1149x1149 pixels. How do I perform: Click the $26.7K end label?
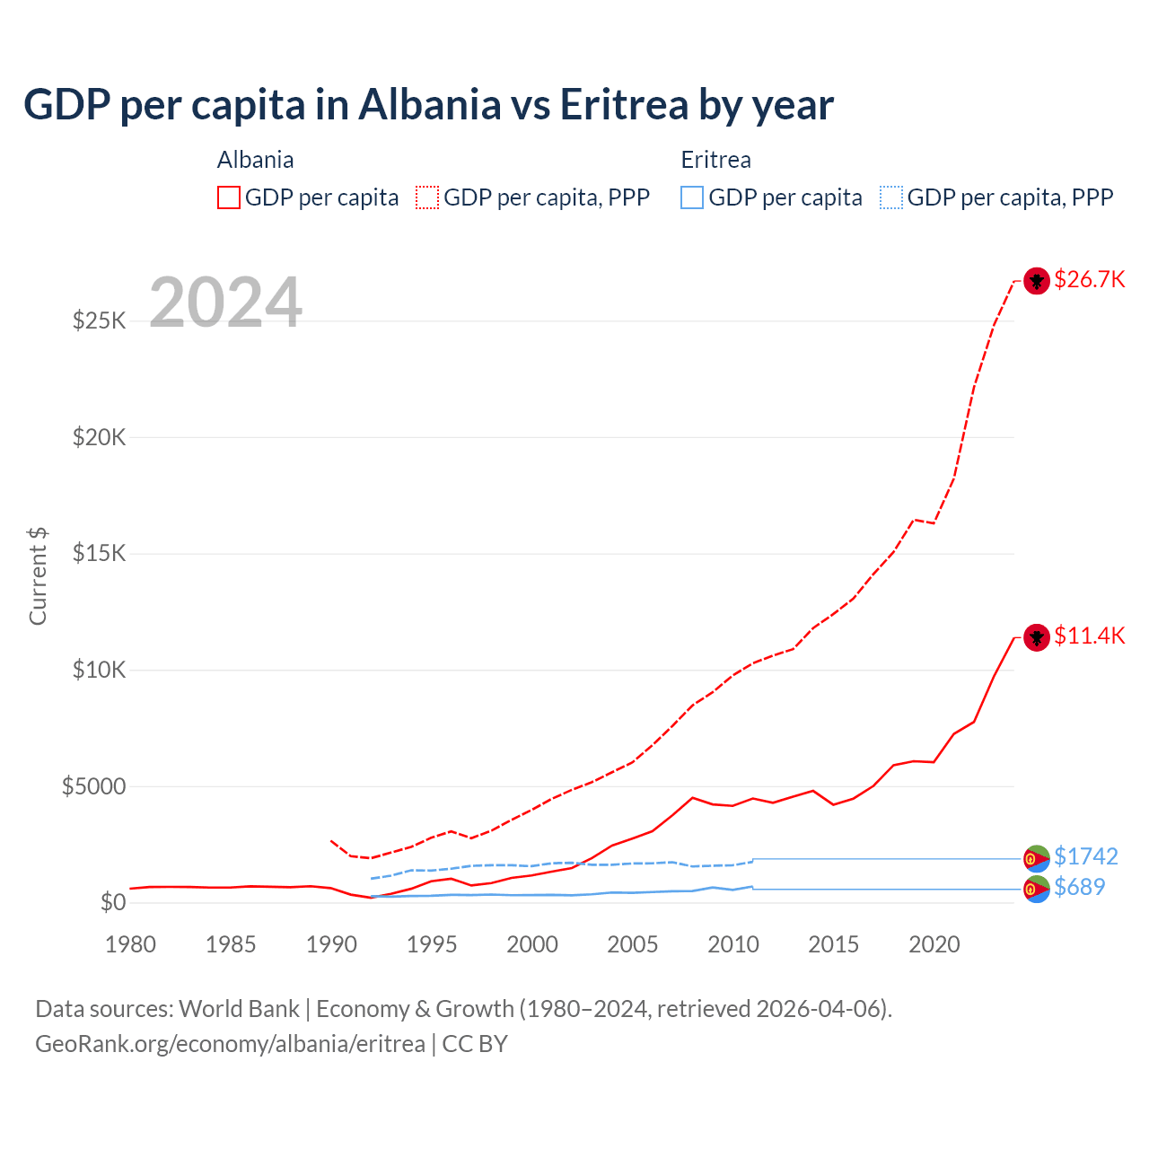point(1089,279)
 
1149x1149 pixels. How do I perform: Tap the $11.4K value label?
point(1089,636)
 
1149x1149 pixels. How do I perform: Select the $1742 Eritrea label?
point(1085,856)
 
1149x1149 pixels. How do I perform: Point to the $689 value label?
point(1079,887)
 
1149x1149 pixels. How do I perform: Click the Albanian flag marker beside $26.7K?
point(1037,281)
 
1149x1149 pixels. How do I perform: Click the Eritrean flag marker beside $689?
point(1037,890)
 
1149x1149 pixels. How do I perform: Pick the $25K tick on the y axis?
point(100,320)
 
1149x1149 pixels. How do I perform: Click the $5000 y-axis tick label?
point(93,786)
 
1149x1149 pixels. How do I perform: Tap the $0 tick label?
point(112,902)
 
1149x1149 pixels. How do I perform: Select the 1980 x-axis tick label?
point(130,944)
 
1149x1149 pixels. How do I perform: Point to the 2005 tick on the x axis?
point(633,944)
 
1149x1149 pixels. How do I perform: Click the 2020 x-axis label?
point(934,944)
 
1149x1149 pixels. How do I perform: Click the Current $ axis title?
point(38,576)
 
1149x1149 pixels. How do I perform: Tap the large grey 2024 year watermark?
point(225,303)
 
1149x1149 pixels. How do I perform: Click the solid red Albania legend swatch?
point(229,197)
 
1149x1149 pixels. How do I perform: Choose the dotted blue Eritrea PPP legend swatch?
point(891,197)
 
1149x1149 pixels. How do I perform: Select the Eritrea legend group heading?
point(715,160)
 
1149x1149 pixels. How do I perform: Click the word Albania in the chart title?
point(429,104)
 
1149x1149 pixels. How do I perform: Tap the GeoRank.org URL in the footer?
point(230,1044)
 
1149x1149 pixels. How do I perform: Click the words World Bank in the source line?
point(239,1009)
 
